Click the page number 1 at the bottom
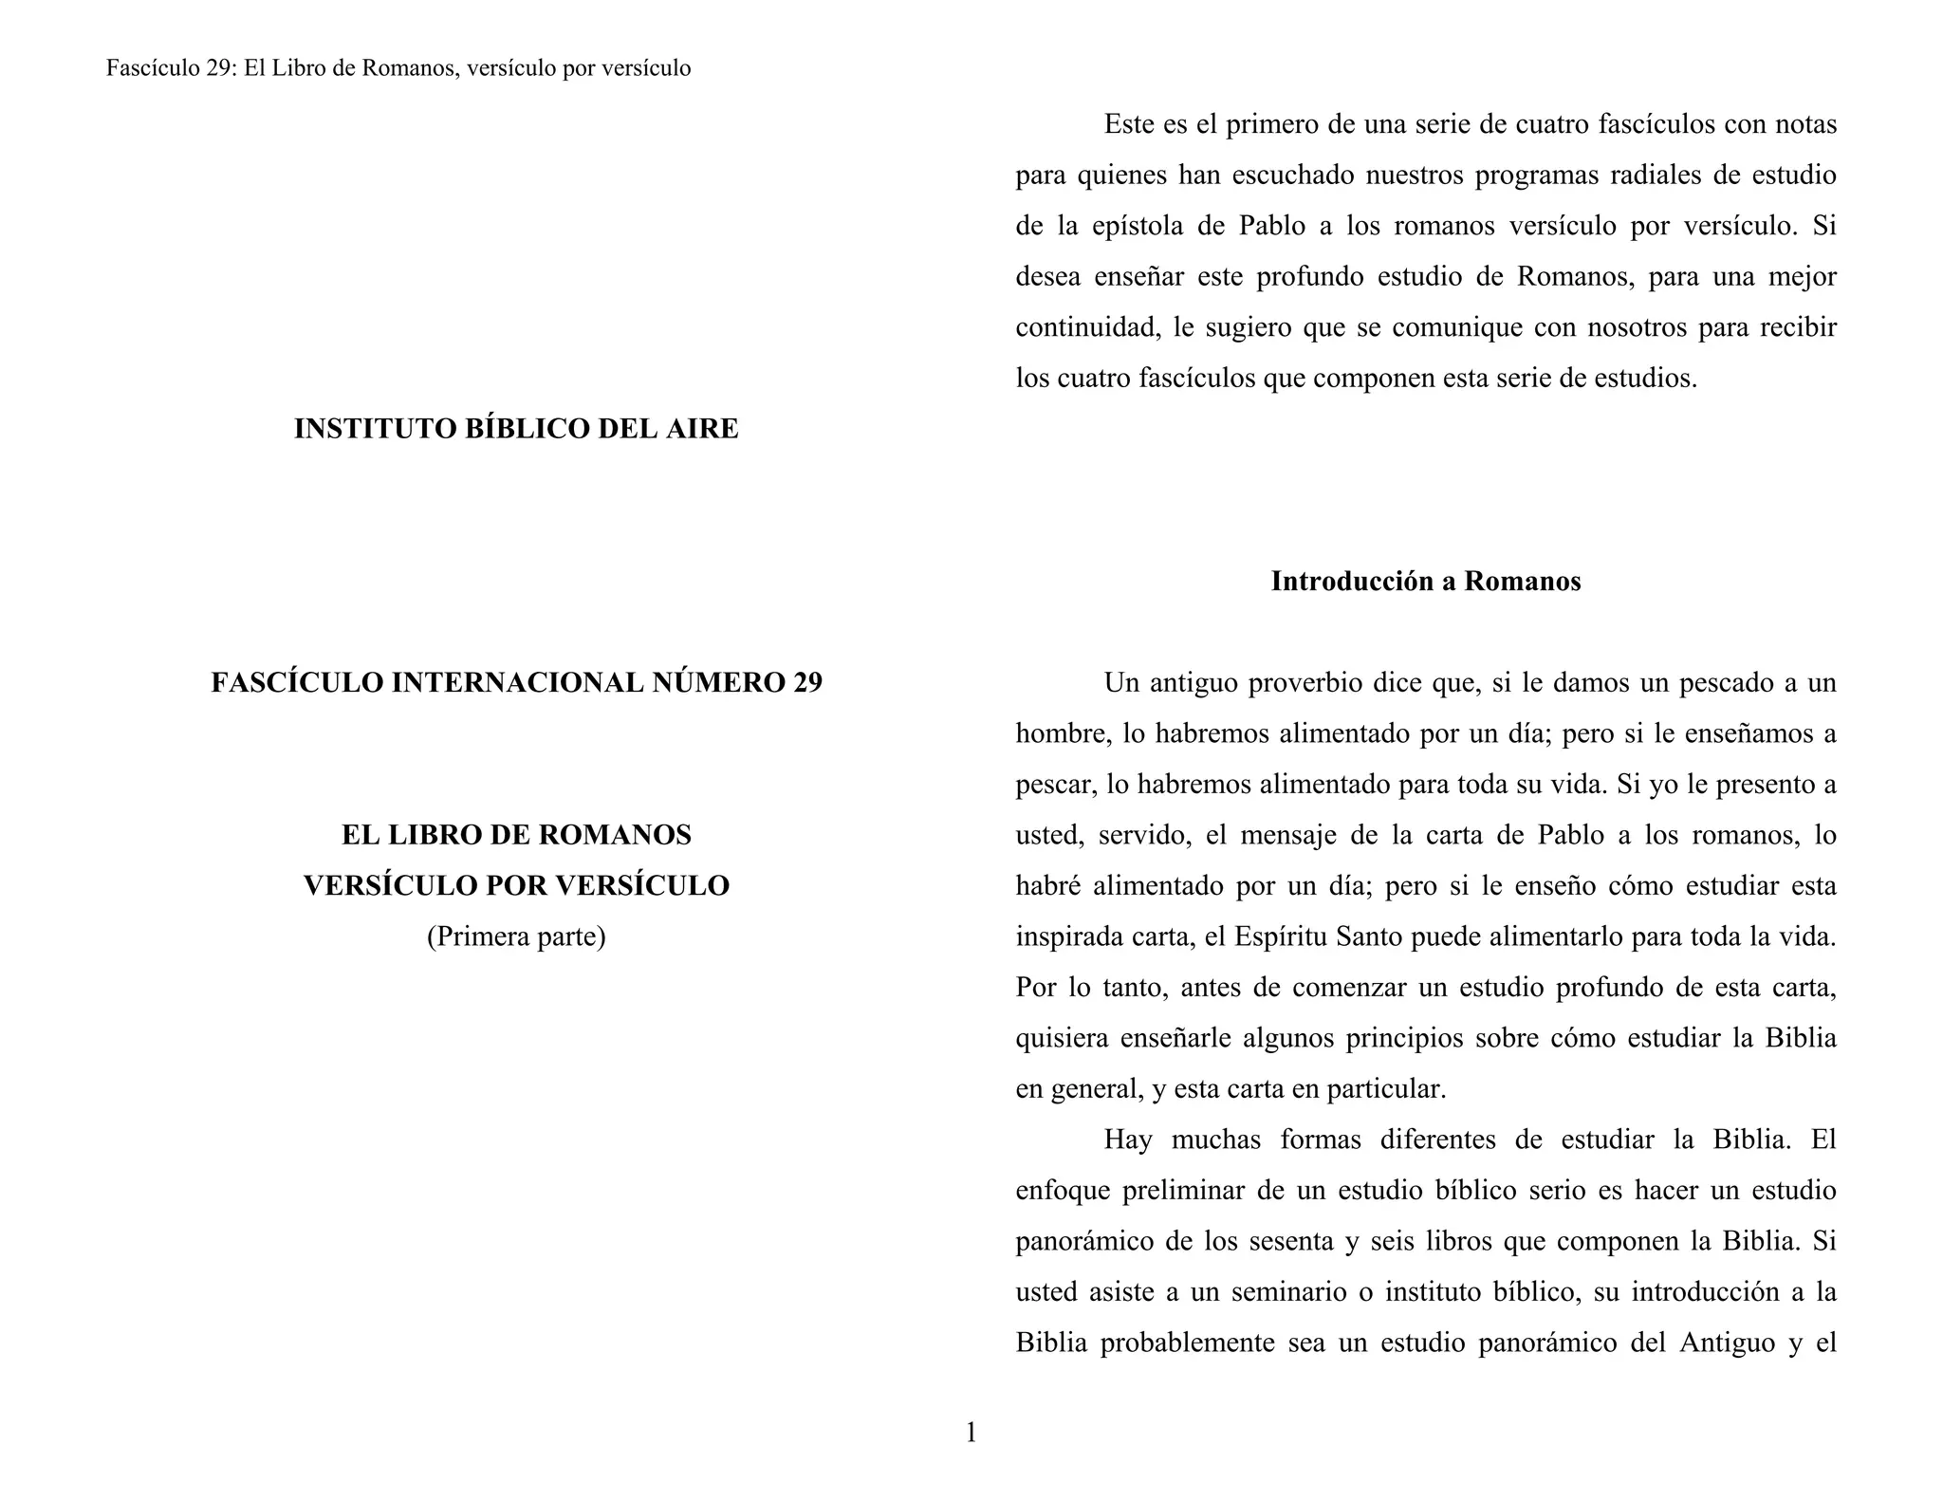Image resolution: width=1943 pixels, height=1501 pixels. (971, 1433)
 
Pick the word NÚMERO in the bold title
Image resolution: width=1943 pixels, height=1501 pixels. (717, 683)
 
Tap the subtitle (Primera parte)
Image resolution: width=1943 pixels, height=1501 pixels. (516, 936)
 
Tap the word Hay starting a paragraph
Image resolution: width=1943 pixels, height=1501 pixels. (1128, 1140)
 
